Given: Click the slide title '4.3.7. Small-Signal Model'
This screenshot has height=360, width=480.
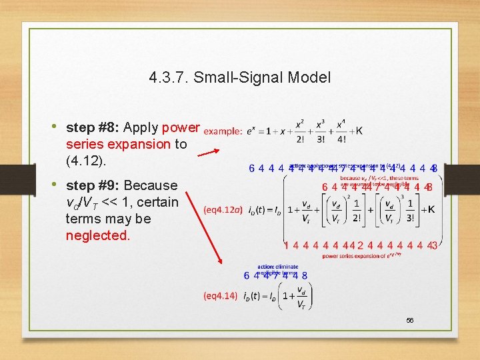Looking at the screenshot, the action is tap(240, 77).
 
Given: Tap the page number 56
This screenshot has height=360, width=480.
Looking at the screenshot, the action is tap(410, 321).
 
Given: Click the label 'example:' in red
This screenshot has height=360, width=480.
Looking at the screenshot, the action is tap(223, 131).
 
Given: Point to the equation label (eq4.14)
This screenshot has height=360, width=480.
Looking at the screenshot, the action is tap(220, 295).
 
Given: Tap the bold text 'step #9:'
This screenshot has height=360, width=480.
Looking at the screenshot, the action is tap(93, 185).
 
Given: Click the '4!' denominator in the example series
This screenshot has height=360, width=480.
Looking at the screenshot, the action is tap(341, 140).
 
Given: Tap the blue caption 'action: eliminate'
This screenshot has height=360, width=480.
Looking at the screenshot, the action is tap(277, 265).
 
